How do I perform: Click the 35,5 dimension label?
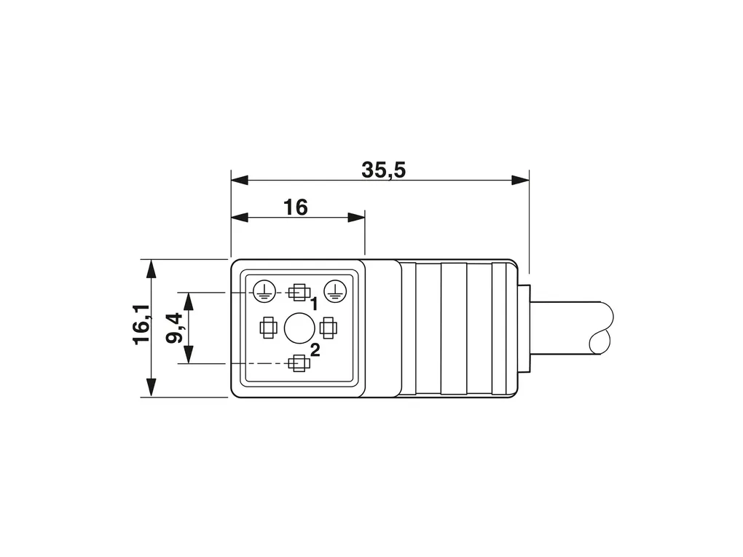click(x=383, y=170)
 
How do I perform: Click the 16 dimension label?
click(x=295, y=208)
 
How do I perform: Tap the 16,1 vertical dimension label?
click(x=141, y=325)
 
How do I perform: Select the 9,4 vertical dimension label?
click(x=174, y=328)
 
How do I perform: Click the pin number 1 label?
click(x=314, y=304)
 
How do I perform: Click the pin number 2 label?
click(x=315, y=350)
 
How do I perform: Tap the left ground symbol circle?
click(x=264, y=291)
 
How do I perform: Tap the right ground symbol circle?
click(x=335, y=291)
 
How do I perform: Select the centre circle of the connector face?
click(x=298, y=328)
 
